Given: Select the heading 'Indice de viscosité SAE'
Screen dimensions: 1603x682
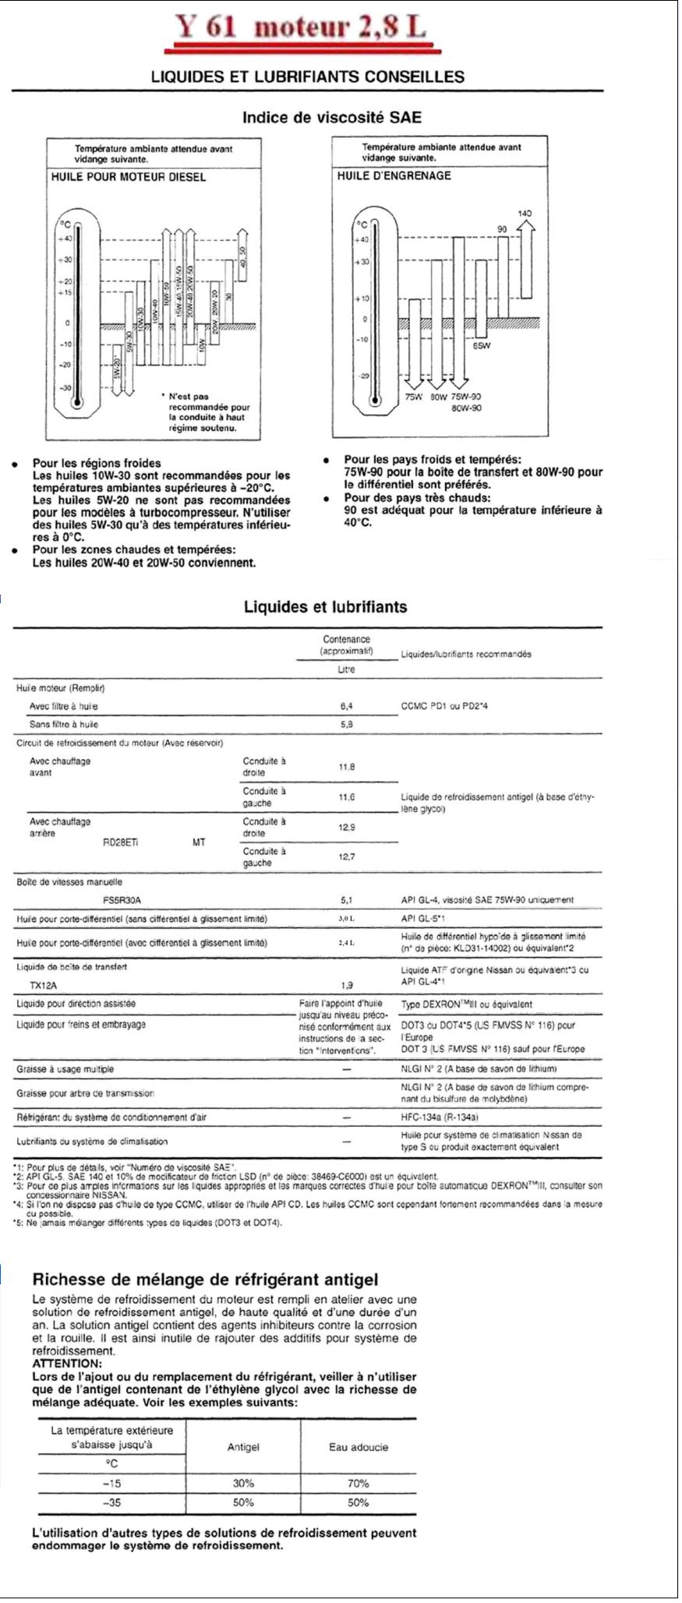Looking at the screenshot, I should pyautogui.click(x=331, y=118).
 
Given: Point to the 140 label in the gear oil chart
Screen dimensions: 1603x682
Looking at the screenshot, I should pyautogui.click(x=526, y=213).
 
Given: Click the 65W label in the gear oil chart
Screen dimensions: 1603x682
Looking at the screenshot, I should pyautogui.click(x=481, y=346).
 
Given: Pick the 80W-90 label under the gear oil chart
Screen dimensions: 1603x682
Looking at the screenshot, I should pyautogui.click(x=466, y=408).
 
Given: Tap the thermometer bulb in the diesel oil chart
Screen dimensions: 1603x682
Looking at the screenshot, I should pyautogui.click(x=76, y=403).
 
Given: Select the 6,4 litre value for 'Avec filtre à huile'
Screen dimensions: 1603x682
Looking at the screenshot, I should pyautogui.click(x=347, y=706).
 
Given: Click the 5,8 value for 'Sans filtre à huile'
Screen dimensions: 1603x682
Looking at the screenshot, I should pyautogui.click(x=347, y=724).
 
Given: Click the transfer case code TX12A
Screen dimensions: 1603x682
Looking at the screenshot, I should pyautogui.click(x=44, y=985).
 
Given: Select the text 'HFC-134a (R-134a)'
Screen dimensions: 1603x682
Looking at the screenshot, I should pyautogui.click(x=439, y=1117).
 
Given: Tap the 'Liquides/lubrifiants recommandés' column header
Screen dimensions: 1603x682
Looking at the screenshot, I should pyautogui.click(x=466, y=654).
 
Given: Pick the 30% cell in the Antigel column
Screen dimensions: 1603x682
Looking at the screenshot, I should pyautogui.click(x=243, y=1484).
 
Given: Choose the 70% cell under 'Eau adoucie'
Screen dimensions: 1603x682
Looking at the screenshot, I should pyautogui.click(x=358, y=1484).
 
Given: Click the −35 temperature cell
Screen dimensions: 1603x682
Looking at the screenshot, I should pyautogui.click(x=112, y=1502).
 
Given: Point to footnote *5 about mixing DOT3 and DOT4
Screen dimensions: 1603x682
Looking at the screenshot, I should pyautogui.click(x=148, y=1222).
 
